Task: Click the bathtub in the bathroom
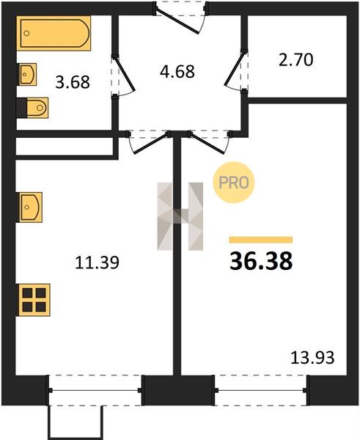coord(54,33)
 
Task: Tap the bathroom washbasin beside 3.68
coord(28,74)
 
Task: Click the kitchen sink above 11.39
coord(30,208)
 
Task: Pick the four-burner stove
coord(34,300)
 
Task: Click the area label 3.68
coord(73,82)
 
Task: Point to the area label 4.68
coord(177,72)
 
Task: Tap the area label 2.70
coord(295,60)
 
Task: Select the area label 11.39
coord(97,263)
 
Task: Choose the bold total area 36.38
coord(261,261)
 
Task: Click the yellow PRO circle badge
coord(233,183)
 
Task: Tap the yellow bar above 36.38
coord(261,240)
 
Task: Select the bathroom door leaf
coord(125,74)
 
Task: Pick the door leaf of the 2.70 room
coord(235,68)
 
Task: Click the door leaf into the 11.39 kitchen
coord(151,144)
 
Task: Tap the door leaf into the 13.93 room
coord(207,143)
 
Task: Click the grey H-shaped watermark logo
coord(180,216)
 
